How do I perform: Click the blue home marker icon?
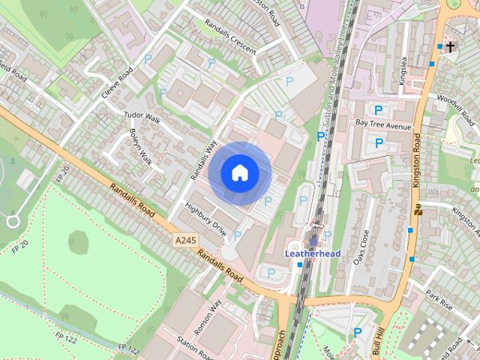240,172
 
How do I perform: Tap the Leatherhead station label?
312,253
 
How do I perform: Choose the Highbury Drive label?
205,218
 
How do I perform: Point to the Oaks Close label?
363,249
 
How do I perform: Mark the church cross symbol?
450,47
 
